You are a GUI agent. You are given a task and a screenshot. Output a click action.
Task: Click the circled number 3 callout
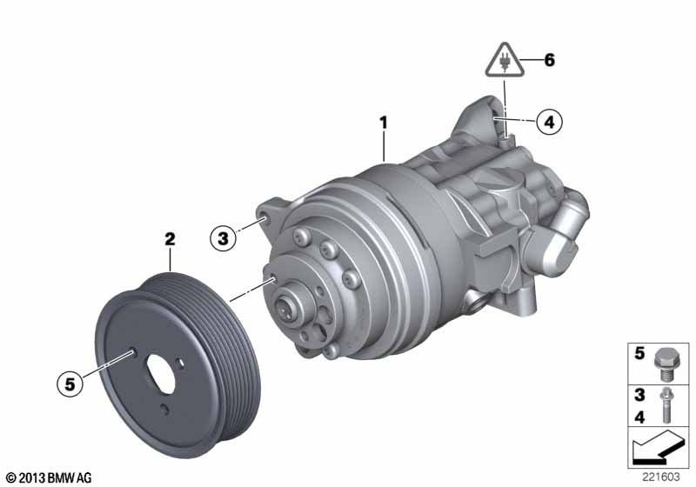pyautogui.click(x=223, y=238)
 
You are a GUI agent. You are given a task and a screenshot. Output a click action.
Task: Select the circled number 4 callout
pyautogui.click(x=550, y=122)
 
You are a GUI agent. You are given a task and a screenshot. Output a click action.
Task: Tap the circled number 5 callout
pyautogui.click(x=70, y=384)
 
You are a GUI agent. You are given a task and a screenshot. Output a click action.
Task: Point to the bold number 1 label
pyautogui.click(x=384, y=123)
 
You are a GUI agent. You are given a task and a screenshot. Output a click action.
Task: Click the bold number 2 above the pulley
pyautogui.click(x=170, y=239)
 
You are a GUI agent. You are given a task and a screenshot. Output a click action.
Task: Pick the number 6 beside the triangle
pyautogui.click(x=550, y=60)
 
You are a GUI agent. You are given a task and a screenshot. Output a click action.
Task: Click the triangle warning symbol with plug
pyautogui.click(x=505, y=61)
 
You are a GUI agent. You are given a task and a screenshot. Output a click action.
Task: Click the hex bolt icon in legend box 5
pyautogui.click(x=664, y=364)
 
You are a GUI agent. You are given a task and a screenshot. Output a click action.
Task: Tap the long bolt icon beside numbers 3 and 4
pyautogui.click(x=666, y=404)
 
